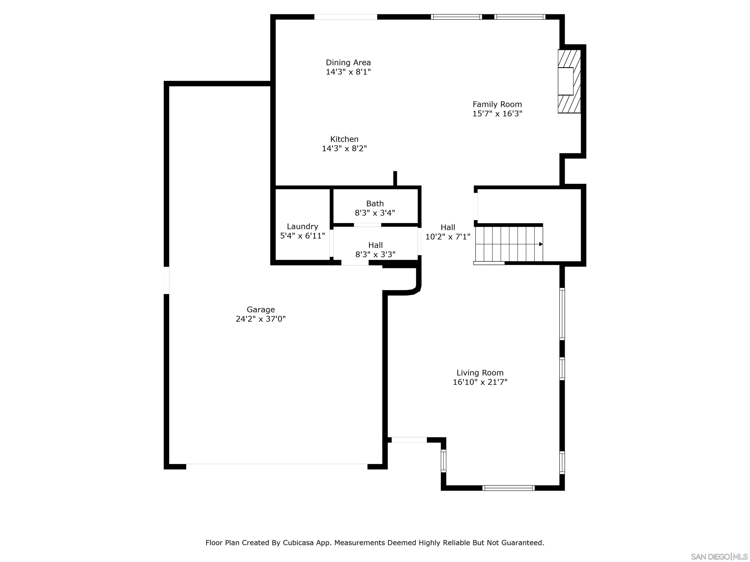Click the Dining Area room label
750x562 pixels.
coord(348,63)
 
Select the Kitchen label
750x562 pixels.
coord(344,139)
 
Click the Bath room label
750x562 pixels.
coord(375,204)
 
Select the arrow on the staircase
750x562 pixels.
coord(541,244)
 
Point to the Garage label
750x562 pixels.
coord(260,310)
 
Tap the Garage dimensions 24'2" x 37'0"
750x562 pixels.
coord(260,319)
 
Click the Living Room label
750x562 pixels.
coord(480,373)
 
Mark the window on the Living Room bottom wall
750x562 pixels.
coord(508,488)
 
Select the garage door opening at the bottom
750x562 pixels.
coord(277,466)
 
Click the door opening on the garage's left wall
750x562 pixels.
coord(167,281)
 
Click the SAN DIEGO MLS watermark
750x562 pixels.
coord(719,557)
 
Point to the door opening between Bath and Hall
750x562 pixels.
coord(367,225)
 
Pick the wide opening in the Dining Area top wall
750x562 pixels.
coord(345,17)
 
